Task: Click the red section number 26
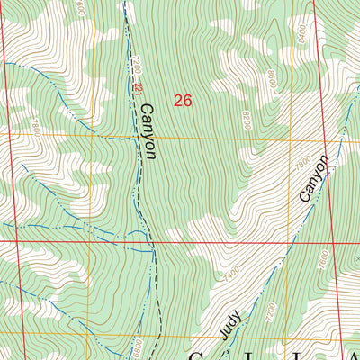[184, 101]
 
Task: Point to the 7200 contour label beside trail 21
[136, 67]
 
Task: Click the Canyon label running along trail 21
[148, 131]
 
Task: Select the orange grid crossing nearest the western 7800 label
[87, 138]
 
